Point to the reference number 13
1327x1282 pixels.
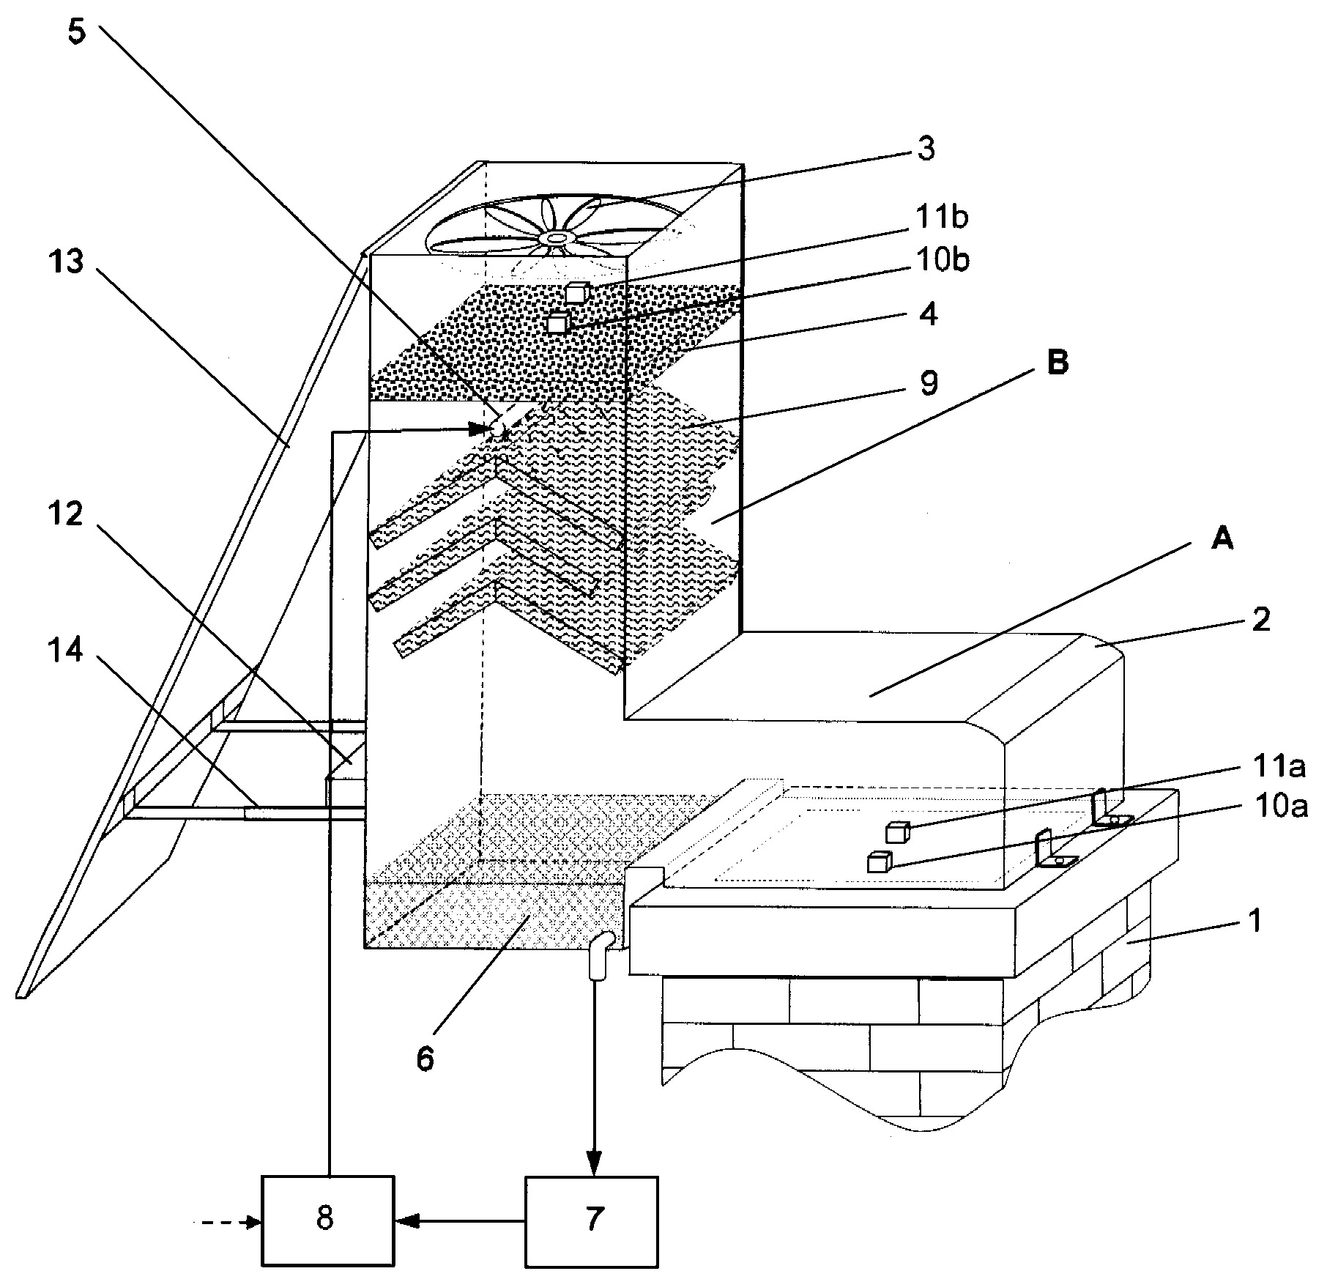tap(67, 262)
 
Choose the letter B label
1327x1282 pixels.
tap(1057, 363)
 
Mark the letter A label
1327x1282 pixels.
tap(1222, 540)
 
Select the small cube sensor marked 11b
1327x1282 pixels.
tap(577, 292)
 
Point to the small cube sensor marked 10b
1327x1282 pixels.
tap(560, 322)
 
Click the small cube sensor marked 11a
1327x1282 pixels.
tap(897, 832)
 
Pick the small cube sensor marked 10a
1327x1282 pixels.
tap(878, 862)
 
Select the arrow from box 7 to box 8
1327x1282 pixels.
tap(460, 1221)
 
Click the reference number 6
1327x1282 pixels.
tap(425, 1060)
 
